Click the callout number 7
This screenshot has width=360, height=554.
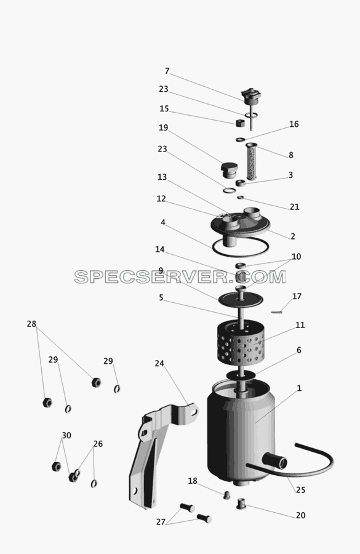coord(167,71)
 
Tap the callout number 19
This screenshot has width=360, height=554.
coord(163,127)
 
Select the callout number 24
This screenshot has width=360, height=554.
coord(159,363)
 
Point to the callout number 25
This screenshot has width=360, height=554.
coord(300,490)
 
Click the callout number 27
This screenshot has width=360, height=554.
coord(161,521)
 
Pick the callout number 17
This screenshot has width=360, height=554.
coord(297,296)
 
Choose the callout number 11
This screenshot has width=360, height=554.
coord(300,324)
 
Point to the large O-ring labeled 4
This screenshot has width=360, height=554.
coord(241,254)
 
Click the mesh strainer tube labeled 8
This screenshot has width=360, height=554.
coord(251,161)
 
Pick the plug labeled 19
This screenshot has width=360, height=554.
coord(228,171)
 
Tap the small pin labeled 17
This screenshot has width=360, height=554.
coord(277,312)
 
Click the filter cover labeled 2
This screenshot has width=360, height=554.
coord(241,226)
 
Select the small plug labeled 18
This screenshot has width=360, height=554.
coord(226,495)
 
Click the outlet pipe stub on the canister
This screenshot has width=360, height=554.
coord(278,460)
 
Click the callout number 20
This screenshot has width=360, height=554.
coord(300,515)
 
